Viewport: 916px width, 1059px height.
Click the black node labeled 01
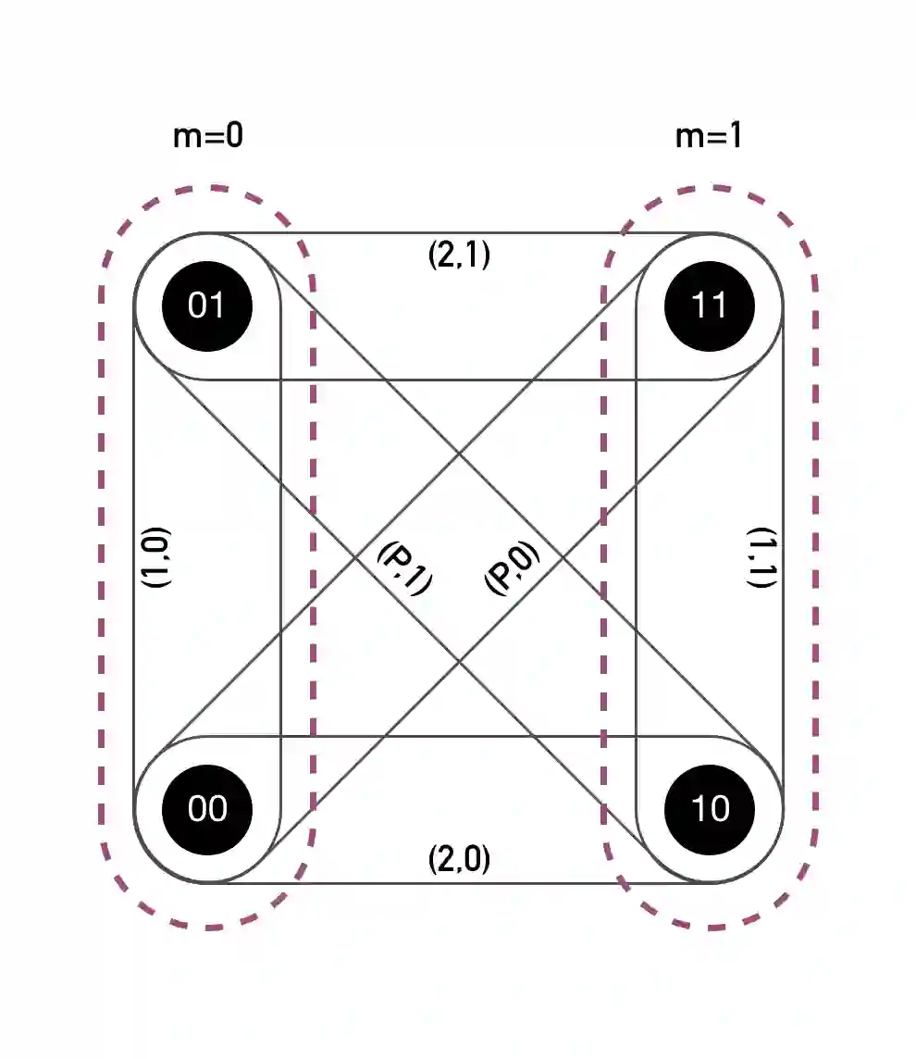pyautogui.click(x=206, y=305)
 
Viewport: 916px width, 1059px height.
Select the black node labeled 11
pyautogui.click(x=710, y=305)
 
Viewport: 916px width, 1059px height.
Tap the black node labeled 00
pyautogui.click(x=206, y=809)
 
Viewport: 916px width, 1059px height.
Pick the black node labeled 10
pyautogui.click(x=710, y=809)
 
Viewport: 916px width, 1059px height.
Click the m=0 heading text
pyautogui.click(x=208, y=136)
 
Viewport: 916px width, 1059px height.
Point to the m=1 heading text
pyautogui.click(x=709, y=136)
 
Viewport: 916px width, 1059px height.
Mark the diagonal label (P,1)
pyautogui.click(x=404, y=567)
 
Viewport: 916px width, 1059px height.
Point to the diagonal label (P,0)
pyautogui.click(x=510, y=567)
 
